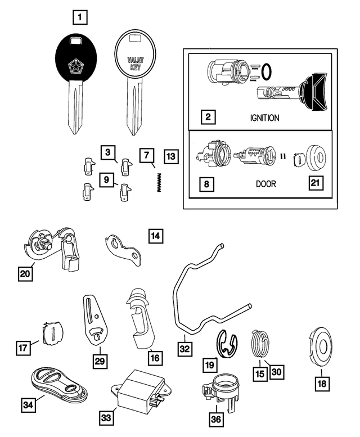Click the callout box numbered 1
pos(80,18)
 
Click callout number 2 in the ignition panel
pos(208,118)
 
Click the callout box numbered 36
pos(217,419)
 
